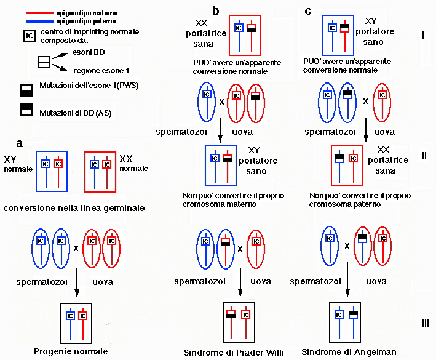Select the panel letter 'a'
(20, 143)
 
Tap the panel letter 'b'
(215, 10)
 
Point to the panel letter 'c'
(308, 10)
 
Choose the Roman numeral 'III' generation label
(423, 322)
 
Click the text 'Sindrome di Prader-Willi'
(236, 353)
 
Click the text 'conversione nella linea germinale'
(74, 208)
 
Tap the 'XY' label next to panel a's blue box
(10, 159)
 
